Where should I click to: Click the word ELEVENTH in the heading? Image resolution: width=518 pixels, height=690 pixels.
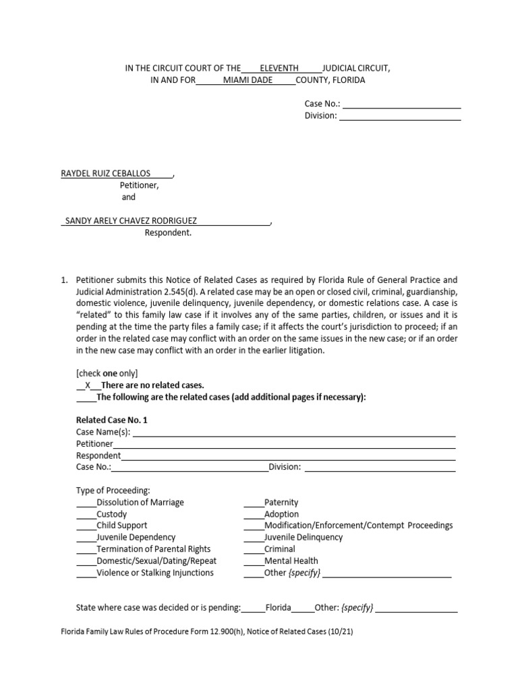click(279, 69)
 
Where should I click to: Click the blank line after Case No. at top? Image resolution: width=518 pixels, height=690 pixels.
click(402, 104)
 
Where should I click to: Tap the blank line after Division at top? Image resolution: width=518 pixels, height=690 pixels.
click(399, 116)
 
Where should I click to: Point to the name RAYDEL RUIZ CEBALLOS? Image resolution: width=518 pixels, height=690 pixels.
click(106, 173)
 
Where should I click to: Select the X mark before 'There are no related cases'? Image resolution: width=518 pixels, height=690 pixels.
click(88, 385)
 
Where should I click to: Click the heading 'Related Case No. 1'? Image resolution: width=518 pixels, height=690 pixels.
click(112, 420)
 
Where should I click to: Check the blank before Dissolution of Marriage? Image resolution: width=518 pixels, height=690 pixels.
click(86, 503)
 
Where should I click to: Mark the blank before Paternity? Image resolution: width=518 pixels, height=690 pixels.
click(254, 503)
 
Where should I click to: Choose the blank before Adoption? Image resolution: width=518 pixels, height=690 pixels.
click(254, 514)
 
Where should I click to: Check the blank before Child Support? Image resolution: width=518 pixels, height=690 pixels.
click(86, 526)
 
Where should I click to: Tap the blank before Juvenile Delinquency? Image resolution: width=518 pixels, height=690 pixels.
click(254, 538)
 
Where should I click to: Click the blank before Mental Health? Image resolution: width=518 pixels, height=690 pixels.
click(254, 561)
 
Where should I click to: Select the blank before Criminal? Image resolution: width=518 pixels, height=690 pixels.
click(254, 549)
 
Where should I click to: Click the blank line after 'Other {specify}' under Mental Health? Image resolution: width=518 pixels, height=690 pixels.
click(386, 573)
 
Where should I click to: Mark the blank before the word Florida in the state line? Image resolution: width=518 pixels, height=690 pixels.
click(254, 608)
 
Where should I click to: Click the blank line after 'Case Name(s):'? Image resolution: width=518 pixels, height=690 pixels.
click(293, 433)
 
